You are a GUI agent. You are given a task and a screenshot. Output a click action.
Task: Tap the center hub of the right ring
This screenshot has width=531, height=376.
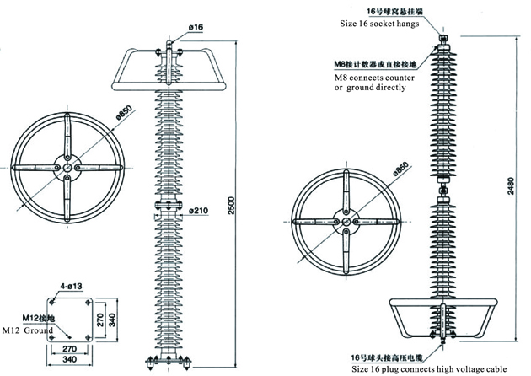click(346, 218)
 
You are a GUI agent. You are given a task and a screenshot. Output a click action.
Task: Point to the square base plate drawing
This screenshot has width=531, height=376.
click(71, 320)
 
